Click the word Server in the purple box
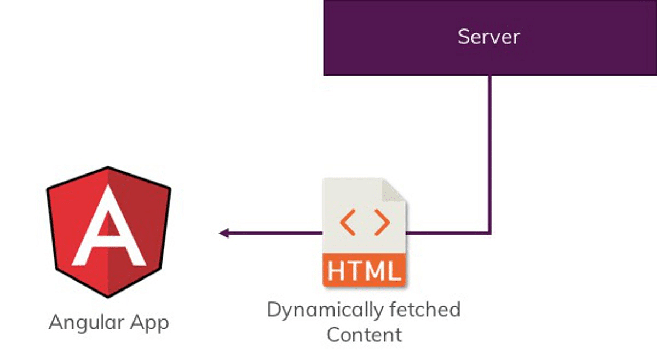coord(488,37)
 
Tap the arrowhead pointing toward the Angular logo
coord(223,234)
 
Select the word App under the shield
coord(146,323)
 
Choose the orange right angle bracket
coord(382,222)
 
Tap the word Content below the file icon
coord(364,334)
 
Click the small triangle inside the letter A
coord(108,225)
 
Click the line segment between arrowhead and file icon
coord(274,234)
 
